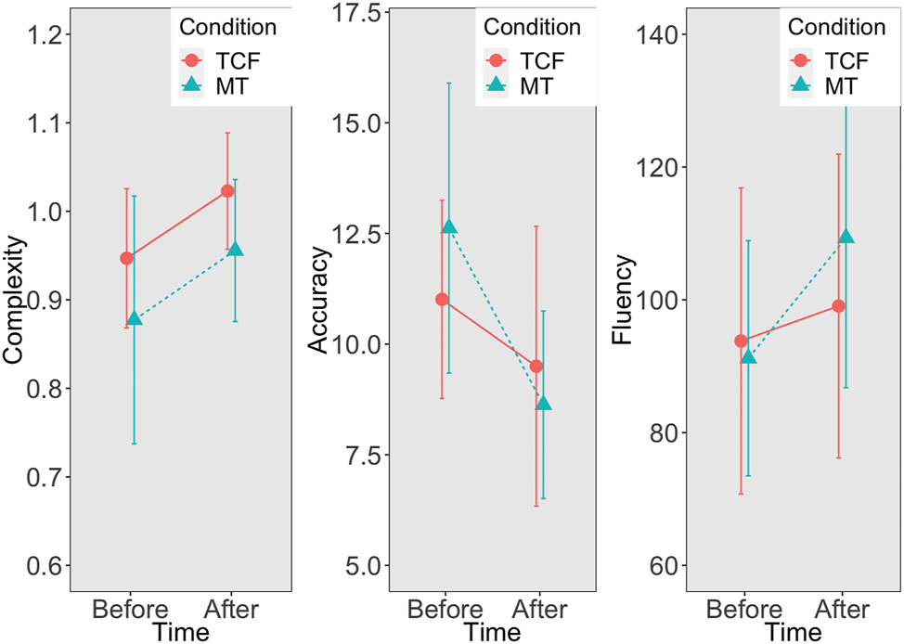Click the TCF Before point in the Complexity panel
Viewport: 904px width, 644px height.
click(x=126, y=258)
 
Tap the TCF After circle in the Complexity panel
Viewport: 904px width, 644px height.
click(x=227, y=191)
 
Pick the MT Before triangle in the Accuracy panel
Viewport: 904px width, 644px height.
click(x=450, y=225)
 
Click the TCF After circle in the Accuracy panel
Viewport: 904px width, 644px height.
click(x=536, y=367)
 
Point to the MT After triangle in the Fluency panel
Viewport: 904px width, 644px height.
click(x=846, y=237)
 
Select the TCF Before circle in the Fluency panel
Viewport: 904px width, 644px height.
click(x=741, y=341)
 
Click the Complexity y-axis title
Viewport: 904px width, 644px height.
click(x=16, y=299)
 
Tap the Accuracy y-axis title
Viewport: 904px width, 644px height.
click(x=318, y=299)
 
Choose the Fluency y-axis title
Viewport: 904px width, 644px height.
click(x=623, y=299)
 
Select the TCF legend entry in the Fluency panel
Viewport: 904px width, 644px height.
click(x=834, y=61)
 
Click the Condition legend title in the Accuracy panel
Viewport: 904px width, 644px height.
click(x=533, y=28)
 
